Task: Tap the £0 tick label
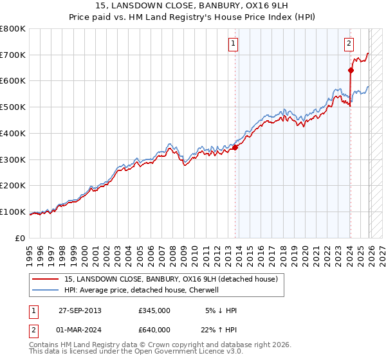20,238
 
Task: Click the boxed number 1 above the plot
232,44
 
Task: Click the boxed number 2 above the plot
348,44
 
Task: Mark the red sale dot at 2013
235,147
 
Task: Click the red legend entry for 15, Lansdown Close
170,279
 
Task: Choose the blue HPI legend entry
142,290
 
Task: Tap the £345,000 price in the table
154,310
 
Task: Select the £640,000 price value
154,329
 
